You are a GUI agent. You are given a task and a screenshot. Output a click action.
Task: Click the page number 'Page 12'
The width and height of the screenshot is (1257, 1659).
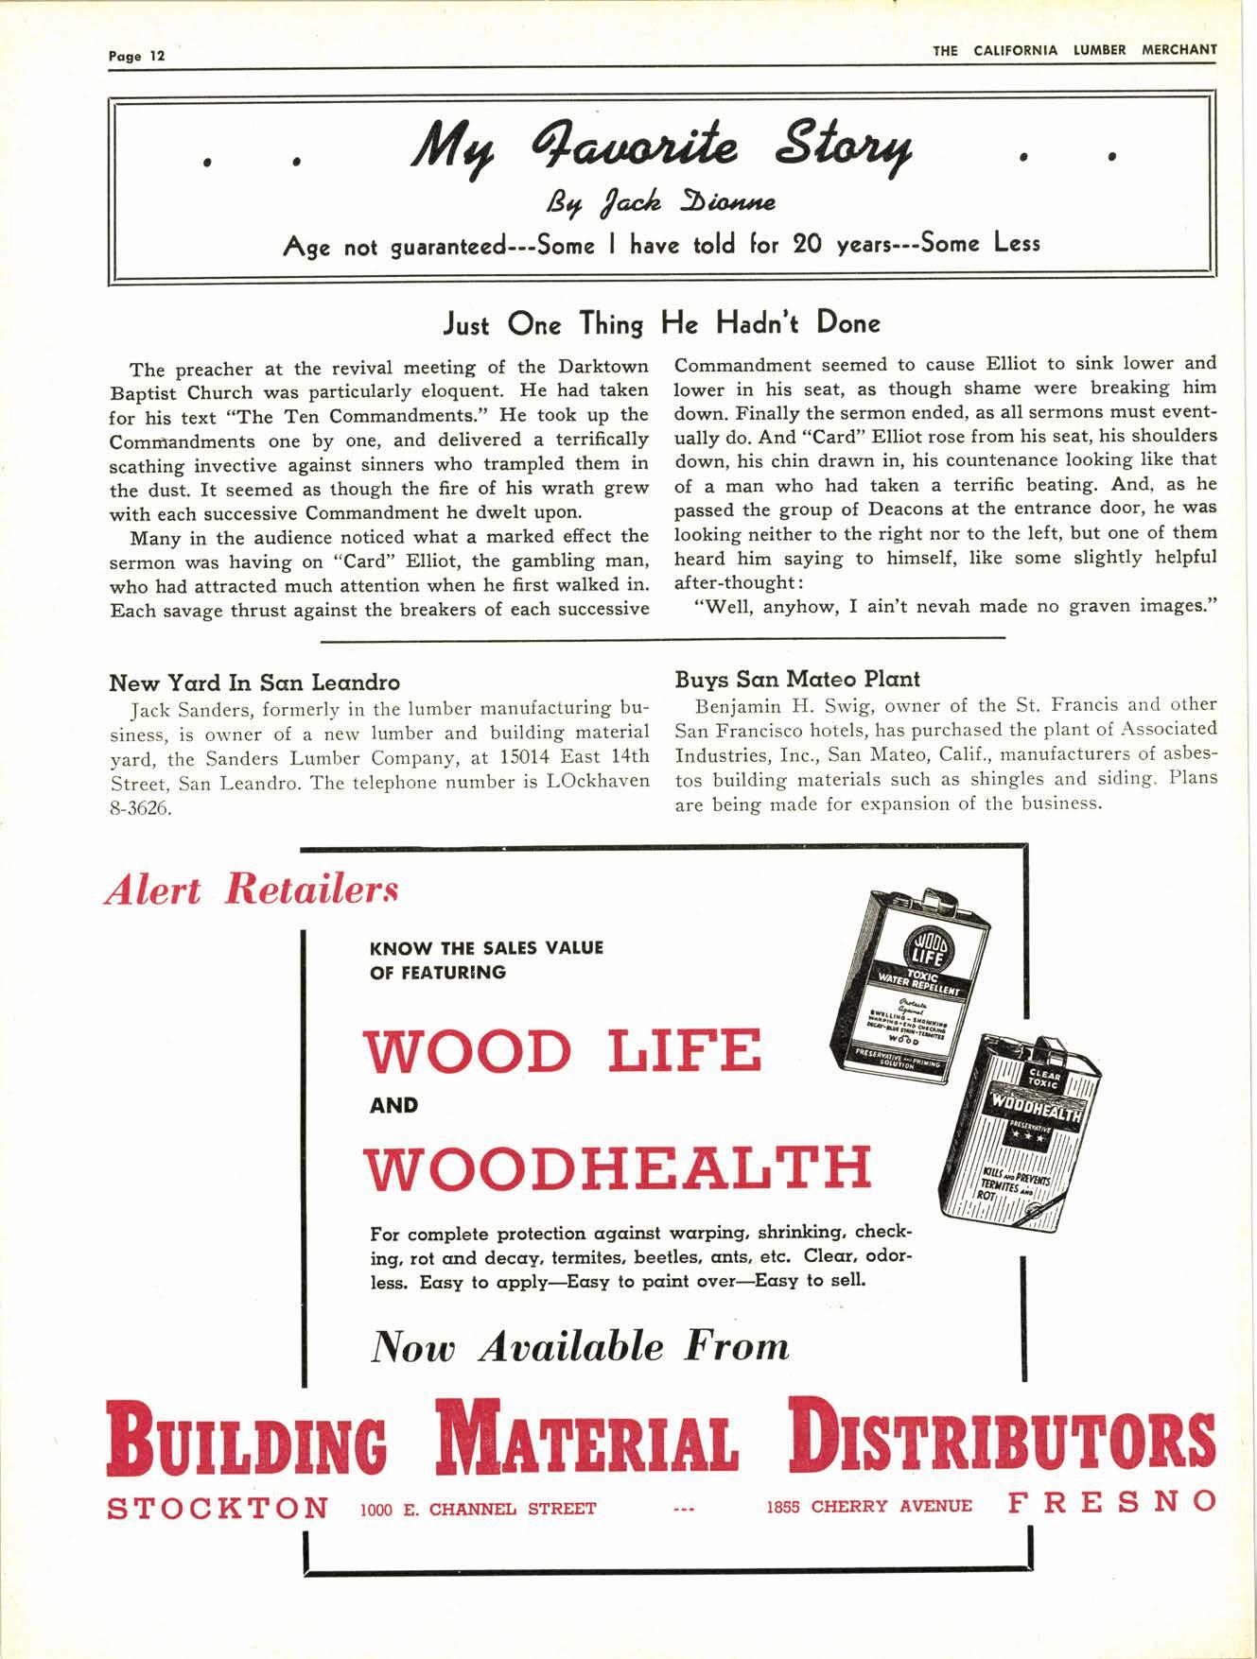click(136, 56)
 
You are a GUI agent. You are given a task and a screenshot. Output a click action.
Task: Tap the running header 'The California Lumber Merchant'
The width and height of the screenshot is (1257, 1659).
click(1074, 51)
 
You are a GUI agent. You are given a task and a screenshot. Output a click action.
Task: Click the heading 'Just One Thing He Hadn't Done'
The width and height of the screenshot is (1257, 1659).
click(662, 324)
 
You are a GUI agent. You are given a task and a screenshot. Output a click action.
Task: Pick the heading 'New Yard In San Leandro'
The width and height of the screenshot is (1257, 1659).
click(254, 682)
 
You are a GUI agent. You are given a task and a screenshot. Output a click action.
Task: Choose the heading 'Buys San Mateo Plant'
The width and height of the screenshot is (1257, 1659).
click(797, 679)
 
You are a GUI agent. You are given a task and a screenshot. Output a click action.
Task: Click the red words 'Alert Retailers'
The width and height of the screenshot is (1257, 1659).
click(252, 890)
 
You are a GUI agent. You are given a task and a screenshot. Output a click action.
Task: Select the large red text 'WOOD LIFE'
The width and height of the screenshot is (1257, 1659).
click(563, 1050)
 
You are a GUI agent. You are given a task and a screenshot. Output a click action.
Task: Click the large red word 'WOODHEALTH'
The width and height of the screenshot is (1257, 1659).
click(617, 1167)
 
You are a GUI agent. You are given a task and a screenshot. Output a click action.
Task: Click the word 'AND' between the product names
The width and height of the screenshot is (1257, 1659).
click(394, 1105)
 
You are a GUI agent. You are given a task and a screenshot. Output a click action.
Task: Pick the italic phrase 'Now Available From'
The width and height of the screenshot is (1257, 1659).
click(581, 1346)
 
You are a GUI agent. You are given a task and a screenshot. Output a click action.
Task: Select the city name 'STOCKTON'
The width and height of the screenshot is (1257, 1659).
click(218, 1507)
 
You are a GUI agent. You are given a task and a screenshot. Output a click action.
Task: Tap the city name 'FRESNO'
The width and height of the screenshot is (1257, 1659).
click(1112, 1502)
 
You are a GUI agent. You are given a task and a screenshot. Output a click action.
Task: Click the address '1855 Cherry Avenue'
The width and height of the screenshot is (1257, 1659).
click(869, 1507)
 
